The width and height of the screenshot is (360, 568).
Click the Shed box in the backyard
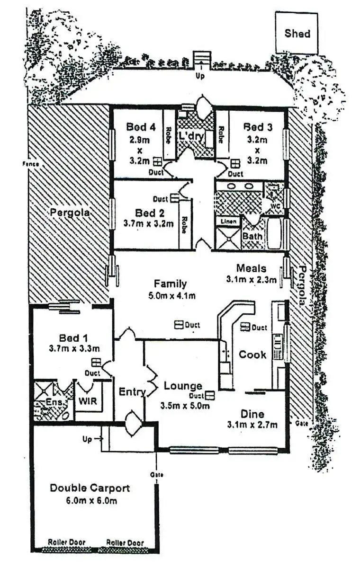[297, 33]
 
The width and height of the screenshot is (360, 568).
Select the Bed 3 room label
[255, 127]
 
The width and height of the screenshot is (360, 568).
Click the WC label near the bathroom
[275, 207]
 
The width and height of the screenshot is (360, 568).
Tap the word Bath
[252, 235]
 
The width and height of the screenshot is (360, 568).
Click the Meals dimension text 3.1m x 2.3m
[252, 279]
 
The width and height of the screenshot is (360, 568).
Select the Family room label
[170, 284]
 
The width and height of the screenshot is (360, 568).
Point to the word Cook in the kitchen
[252, 354]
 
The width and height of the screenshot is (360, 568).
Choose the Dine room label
[252, 413]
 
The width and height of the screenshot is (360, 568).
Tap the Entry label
[132, 392]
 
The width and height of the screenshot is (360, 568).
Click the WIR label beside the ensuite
[89, 401]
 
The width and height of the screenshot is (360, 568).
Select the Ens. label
[43, 403]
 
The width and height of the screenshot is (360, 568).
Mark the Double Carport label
[90, 488]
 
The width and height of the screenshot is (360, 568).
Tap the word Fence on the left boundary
[29, 164]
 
